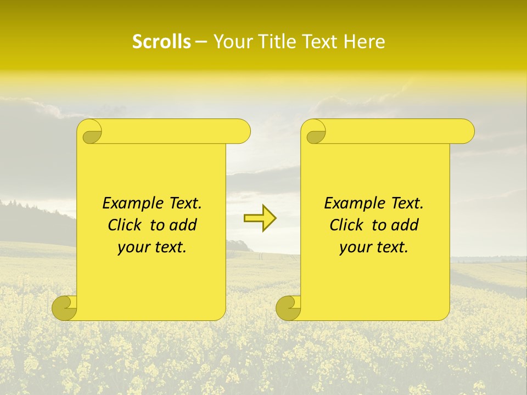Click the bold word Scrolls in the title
[x=161, y=42]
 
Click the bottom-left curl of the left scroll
[x=65, y=308]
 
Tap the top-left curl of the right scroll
[x=315, y=132]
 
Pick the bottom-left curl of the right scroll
[x=289, y=308]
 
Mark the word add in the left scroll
[x=183, y=225]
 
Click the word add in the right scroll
[x=405, y=225]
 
